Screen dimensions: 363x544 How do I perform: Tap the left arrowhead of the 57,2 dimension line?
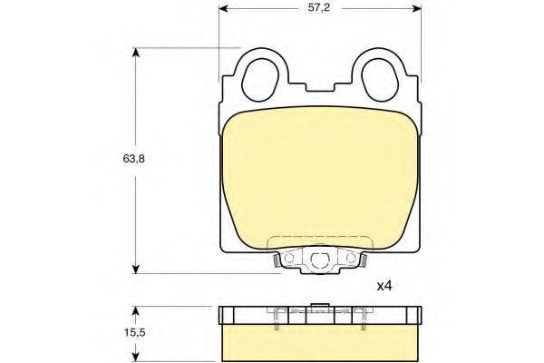pos(225,10)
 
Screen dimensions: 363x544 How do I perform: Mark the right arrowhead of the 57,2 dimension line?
pos(419,10)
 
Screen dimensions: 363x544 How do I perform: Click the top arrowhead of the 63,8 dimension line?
pos(136,53)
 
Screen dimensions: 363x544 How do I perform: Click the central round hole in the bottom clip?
pos(319,262)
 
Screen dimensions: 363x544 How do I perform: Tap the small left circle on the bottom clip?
pos(289,261)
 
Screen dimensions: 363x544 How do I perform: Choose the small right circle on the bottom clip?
pos(350,261)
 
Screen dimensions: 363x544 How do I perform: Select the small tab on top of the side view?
pos(319,306)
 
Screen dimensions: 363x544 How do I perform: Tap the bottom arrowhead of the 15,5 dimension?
pos(136,356)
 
